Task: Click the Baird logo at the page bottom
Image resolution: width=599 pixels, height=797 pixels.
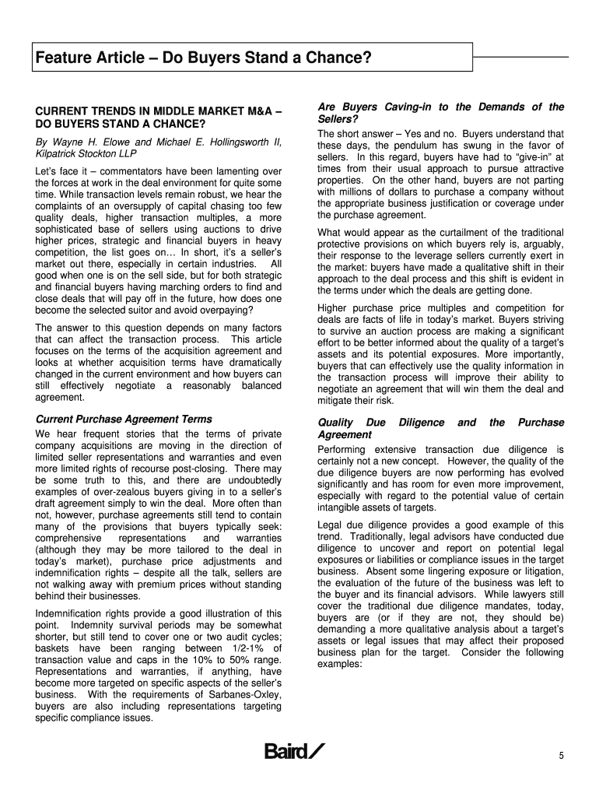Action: point(295,751)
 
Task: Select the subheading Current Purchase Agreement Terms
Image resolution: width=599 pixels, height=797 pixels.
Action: point(124,420)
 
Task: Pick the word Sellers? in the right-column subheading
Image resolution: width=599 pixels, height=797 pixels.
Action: point(338,119)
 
